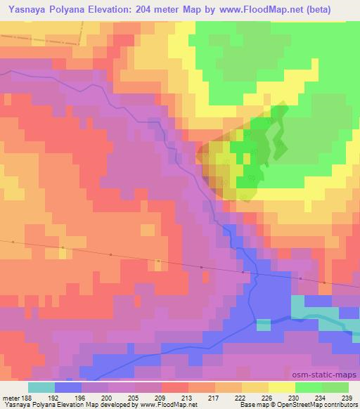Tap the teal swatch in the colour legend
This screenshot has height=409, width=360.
tap(41, 387)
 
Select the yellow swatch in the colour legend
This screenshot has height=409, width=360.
tap(282, 387)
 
